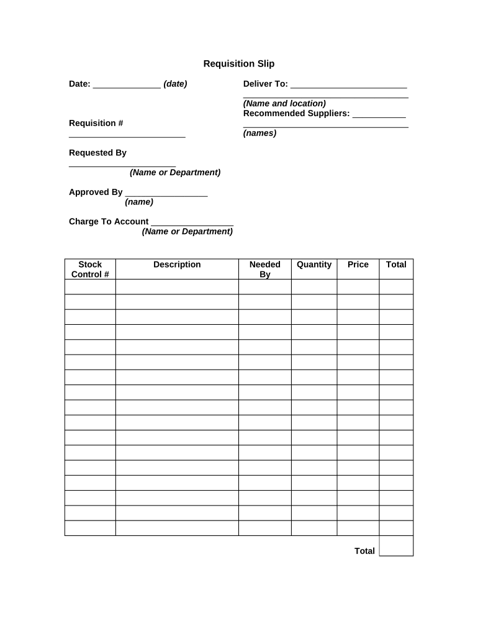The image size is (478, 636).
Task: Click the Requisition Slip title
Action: tap(239, 64)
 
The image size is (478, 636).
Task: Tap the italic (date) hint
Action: tap(175, 84)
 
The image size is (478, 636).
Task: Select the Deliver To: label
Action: tap(266, 84)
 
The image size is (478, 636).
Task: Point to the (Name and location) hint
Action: tap(284, 104)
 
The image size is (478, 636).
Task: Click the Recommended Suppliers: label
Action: tap(297, 114)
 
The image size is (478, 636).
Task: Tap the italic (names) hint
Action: tap(259, 133)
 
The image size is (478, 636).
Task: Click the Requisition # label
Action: tap(96, 123)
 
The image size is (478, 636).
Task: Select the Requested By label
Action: tap(97, 153)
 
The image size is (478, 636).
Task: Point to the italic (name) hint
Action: tap(139, 202)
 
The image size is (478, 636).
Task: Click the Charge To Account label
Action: tap(109, 222)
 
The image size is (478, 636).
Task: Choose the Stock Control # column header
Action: tap(90, 270)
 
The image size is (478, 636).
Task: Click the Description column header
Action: tap(177, 265)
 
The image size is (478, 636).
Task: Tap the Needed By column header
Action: tap(265, 270)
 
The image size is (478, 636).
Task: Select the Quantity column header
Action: tap(314, 265)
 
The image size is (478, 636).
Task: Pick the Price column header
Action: tap(358, 265)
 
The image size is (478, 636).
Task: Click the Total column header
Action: tap(396, 265)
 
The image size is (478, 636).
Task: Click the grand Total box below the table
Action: tap(396, 546)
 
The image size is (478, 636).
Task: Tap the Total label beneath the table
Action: tap(364, 551)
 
